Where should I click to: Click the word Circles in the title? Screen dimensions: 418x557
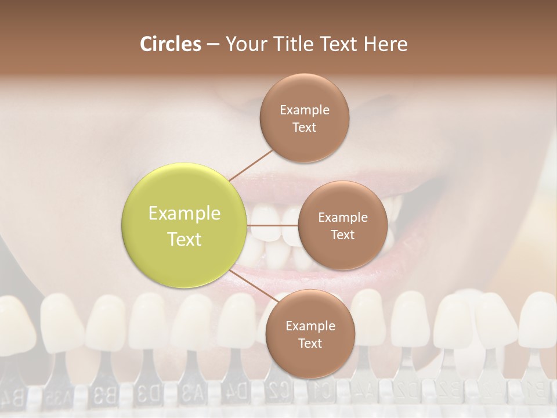tap(170, 44)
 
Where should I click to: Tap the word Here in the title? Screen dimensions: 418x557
tap(385, 44)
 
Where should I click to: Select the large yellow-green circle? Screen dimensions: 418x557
tap(185, 226)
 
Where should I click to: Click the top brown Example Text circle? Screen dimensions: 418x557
tap(304, 118)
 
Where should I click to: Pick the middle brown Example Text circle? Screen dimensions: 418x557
tap(342, 225)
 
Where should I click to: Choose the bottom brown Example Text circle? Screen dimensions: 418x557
tap(310, 334)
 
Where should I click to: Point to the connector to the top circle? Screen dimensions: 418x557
tap(251, 164)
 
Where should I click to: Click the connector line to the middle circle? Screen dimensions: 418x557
tap(273, 225)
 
